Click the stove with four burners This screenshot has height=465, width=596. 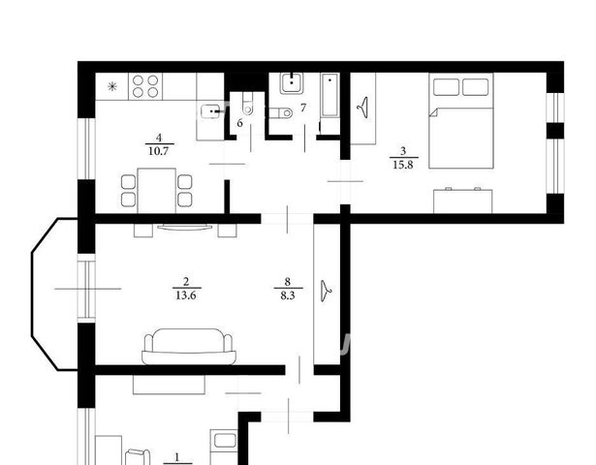(145, 86)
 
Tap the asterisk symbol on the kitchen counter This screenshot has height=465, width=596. (112, 87)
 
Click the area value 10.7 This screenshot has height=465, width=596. (159, 151)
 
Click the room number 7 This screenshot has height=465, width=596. (303, 108)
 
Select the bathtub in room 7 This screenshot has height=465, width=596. (329, 95)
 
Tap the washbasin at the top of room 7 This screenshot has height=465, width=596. (292, 83)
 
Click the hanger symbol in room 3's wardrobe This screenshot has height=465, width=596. (363, 108)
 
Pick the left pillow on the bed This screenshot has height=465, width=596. (446, 87)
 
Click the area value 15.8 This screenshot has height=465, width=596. (403, 166)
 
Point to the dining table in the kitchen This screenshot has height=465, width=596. (157, 191)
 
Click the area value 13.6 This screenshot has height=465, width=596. (186, 295)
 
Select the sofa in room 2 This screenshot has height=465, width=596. (189, 347)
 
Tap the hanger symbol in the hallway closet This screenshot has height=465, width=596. (326, 291)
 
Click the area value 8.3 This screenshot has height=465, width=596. (288, 295)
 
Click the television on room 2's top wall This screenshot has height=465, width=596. (185, 228)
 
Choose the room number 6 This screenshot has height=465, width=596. (239, 123)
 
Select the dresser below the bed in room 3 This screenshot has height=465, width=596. (463, 201)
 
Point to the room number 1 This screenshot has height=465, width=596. (176, 456)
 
